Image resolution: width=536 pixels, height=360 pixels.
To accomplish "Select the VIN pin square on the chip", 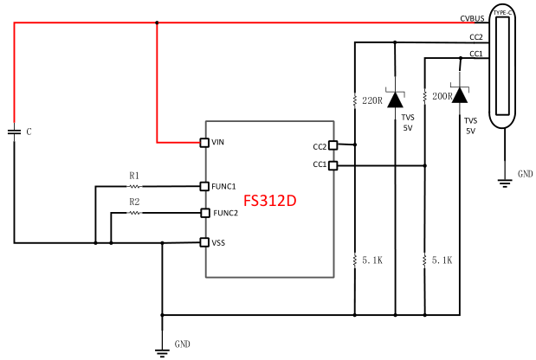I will point(204,142).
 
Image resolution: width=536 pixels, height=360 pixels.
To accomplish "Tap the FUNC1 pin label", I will point(224,186).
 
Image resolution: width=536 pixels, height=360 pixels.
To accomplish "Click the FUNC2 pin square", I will point(204,213).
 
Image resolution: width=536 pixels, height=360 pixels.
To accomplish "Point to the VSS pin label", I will point(218,243).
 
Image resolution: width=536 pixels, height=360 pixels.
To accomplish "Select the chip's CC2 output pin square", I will point(334,146).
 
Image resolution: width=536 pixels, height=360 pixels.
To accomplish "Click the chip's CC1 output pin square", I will point(334,164).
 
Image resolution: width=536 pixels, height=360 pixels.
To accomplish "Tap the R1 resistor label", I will point(134,176).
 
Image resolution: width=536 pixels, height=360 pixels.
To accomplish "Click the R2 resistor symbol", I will point(134,213).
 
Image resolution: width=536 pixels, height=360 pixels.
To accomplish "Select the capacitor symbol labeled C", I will point(15,132).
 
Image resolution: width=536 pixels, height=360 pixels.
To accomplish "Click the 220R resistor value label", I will point(372,101).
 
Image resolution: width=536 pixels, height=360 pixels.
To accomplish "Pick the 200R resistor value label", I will point(442,96).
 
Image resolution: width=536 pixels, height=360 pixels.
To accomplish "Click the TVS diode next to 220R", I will point(395,100).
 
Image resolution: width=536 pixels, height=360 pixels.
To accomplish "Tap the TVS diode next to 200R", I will point(459,95).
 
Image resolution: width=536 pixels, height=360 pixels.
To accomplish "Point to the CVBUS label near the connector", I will point(471,19).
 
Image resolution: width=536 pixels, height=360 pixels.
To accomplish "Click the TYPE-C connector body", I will point(501,69).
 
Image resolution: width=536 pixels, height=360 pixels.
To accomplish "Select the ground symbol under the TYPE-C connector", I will point(501,181).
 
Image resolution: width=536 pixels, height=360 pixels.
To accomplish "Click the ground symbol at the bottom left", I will point(161,350).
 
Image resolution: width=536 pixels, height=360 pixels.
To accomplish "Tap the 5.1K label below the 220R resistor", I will point(372,259).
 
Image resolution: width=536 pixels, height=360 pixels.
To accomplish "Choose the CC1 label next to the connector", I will point(475,54).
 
